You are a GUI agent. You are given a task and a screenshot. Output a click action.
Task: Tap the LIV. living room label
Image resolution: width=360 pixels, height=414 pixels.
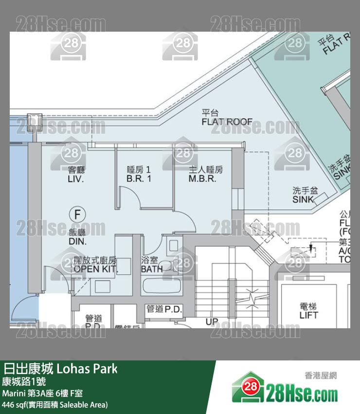(76, 179)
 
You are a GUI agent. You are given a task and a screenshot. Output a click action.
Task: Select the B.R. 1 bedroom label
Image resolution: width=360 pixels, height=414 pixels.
(139, 179)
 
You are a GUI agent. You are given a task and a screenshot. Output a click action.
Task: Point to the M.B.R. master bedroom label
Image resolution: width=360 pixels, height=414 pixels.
(202, 179)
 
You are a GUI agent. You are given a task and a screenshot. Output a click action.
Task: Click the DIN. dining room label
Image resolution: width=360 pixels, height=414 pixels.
(77, 242)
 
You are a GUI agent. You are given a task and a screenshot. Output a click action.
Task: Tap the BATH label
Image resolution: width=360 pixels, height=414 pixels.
(152, 269)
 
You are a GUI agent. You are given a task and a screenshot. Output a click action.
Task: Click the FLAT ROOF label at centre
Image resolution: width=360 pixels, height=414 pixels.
(227, 122)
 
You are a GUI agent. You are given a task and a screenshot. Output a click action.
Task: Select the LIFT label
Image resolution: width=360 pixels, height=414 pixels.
(308, 315)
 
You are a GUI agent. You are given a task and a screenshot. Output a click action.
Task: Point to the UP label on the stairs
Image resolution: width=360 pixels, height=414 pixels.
(212, 321)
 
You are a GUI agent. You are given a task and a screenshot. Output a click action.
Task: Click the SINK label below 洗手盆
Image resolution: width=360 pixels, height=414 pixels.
(303, 200)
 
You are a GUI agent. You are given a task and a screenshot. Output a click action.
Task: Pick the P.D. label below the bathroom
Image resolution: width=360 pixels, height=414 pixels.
(173, 309)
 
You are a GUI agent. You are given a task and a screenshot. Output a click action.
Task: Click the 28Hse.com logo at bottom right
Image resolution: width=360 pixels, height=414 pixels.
(285, 390)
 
